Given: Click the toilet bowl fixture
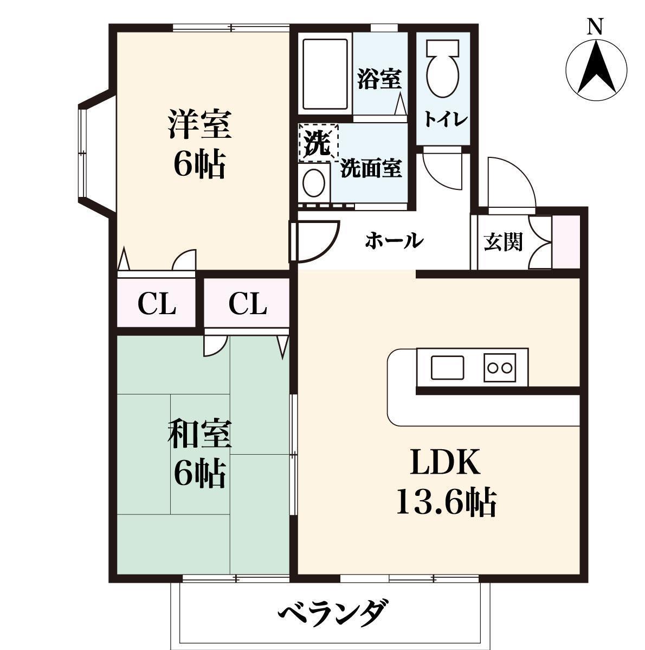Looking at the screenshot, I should pos(443,70).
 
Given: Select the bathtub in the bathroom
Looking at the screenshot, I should pos(324,74).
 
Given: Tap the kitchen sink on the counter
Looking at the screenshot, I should pos(447,367).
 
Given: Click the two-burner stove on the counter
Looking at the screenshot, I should pos(499,367).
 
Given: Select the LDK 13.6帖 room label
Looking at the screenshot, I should pos(446,483).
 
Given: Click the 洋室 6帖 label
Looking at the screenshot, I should pos(199,144).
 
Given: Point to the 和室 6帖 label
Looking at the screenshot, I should pos(199,454).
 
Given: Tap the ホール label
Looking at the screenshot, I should pos(393,240).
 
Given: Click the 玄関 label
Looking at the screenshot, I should pos(502,242).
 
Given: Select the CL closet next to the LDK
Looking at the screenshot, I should pos(247,304).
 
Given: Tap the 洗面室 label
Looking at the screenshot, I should pos(371,169).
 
